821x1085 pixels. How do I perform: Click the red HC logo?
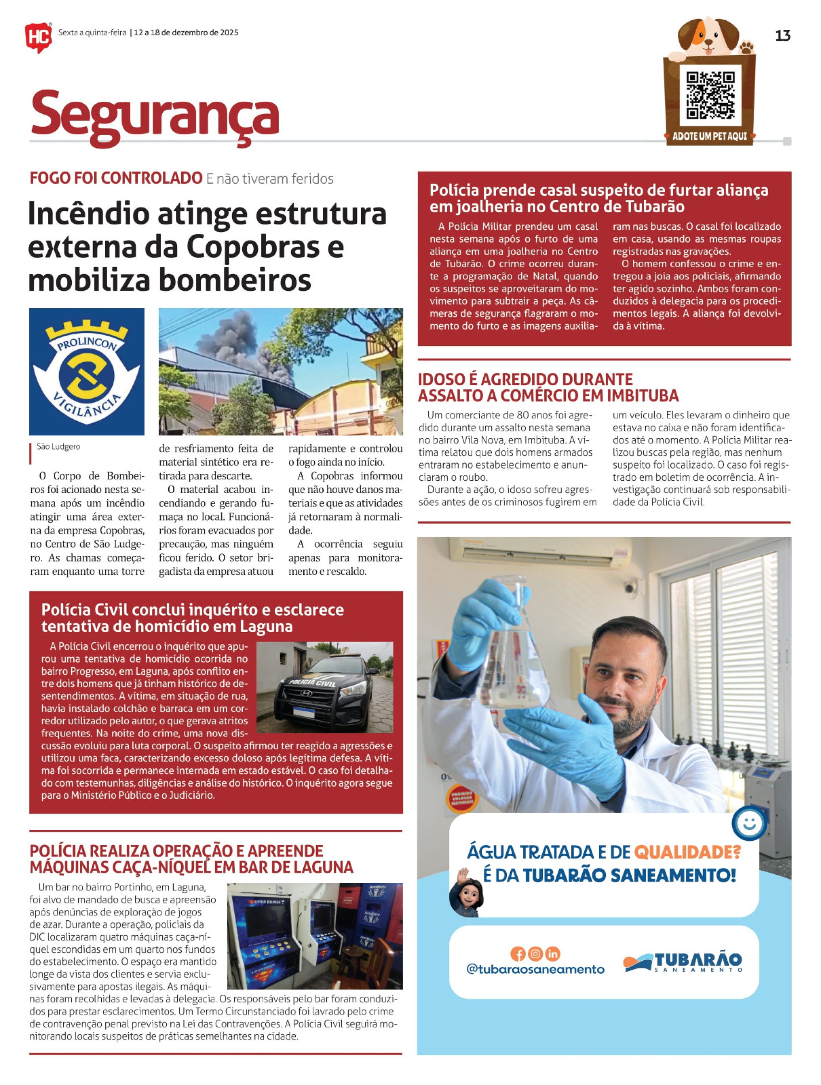(x=38, y=37)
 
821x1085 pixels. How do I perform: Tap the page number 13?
(x=782, y=36)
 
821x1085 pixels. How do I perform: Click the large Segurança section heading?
(x=155, y=116)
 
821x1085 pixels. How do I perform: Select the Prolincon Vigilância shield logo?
(x=87, y=371)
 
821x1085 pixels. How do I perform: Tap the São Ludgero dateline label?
(x=58, y=447)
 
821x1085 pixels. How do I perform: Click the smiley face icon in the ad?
(x=749, y=823)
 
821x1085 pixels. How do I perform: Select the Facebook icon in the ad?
(x=518, y=954)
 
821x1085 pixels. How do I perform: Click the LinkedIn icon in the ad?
(x=553, y=954)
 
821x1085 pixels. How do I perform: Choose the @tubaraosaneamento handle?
(x=535, y=969)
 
